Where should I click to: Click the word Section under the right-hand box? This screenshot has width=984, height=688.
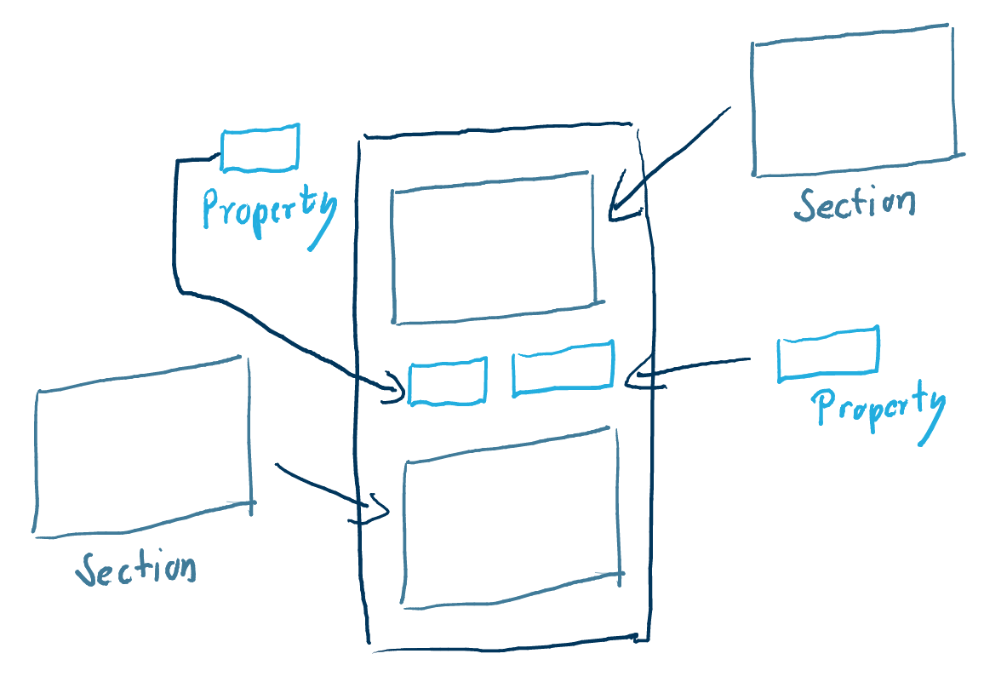[855, 204]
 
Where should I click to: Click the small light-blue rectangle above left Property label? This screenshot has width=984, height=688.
[260, 149]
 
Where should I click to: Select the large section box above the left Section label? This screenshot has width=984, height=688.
[143, 446]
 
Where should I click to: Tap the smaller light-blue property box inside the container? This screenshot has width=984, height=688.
[448, 381]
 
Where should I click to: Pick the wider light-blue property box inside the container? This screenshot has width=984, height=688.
[563, 369]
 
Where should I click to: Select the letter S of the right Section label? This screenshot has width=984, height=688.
[806, 205]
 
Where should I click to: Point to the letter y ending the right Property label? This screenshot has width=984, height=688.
[932, 414]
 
